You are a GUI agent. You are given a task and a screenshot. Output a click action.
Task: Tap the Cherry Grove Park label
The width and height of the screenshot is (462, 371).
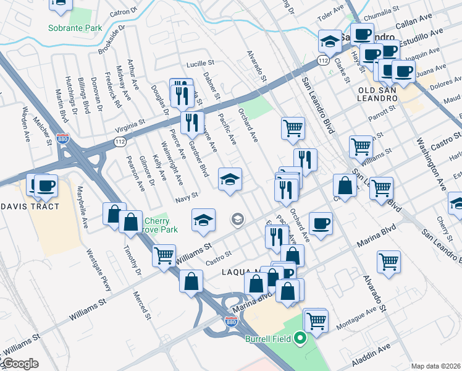[161, 225]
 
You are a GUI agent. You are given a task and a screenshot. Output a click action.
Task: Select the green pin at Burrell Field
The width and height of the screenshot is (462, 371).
[301, 338]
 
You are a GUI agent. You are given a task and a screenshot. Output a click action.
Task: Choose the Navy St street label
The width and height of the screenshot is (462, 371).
[186, 197]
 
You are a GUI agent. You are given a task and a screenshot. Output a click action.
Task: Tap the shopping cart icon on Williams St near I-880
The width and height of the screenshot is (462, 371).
[164, 254]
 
